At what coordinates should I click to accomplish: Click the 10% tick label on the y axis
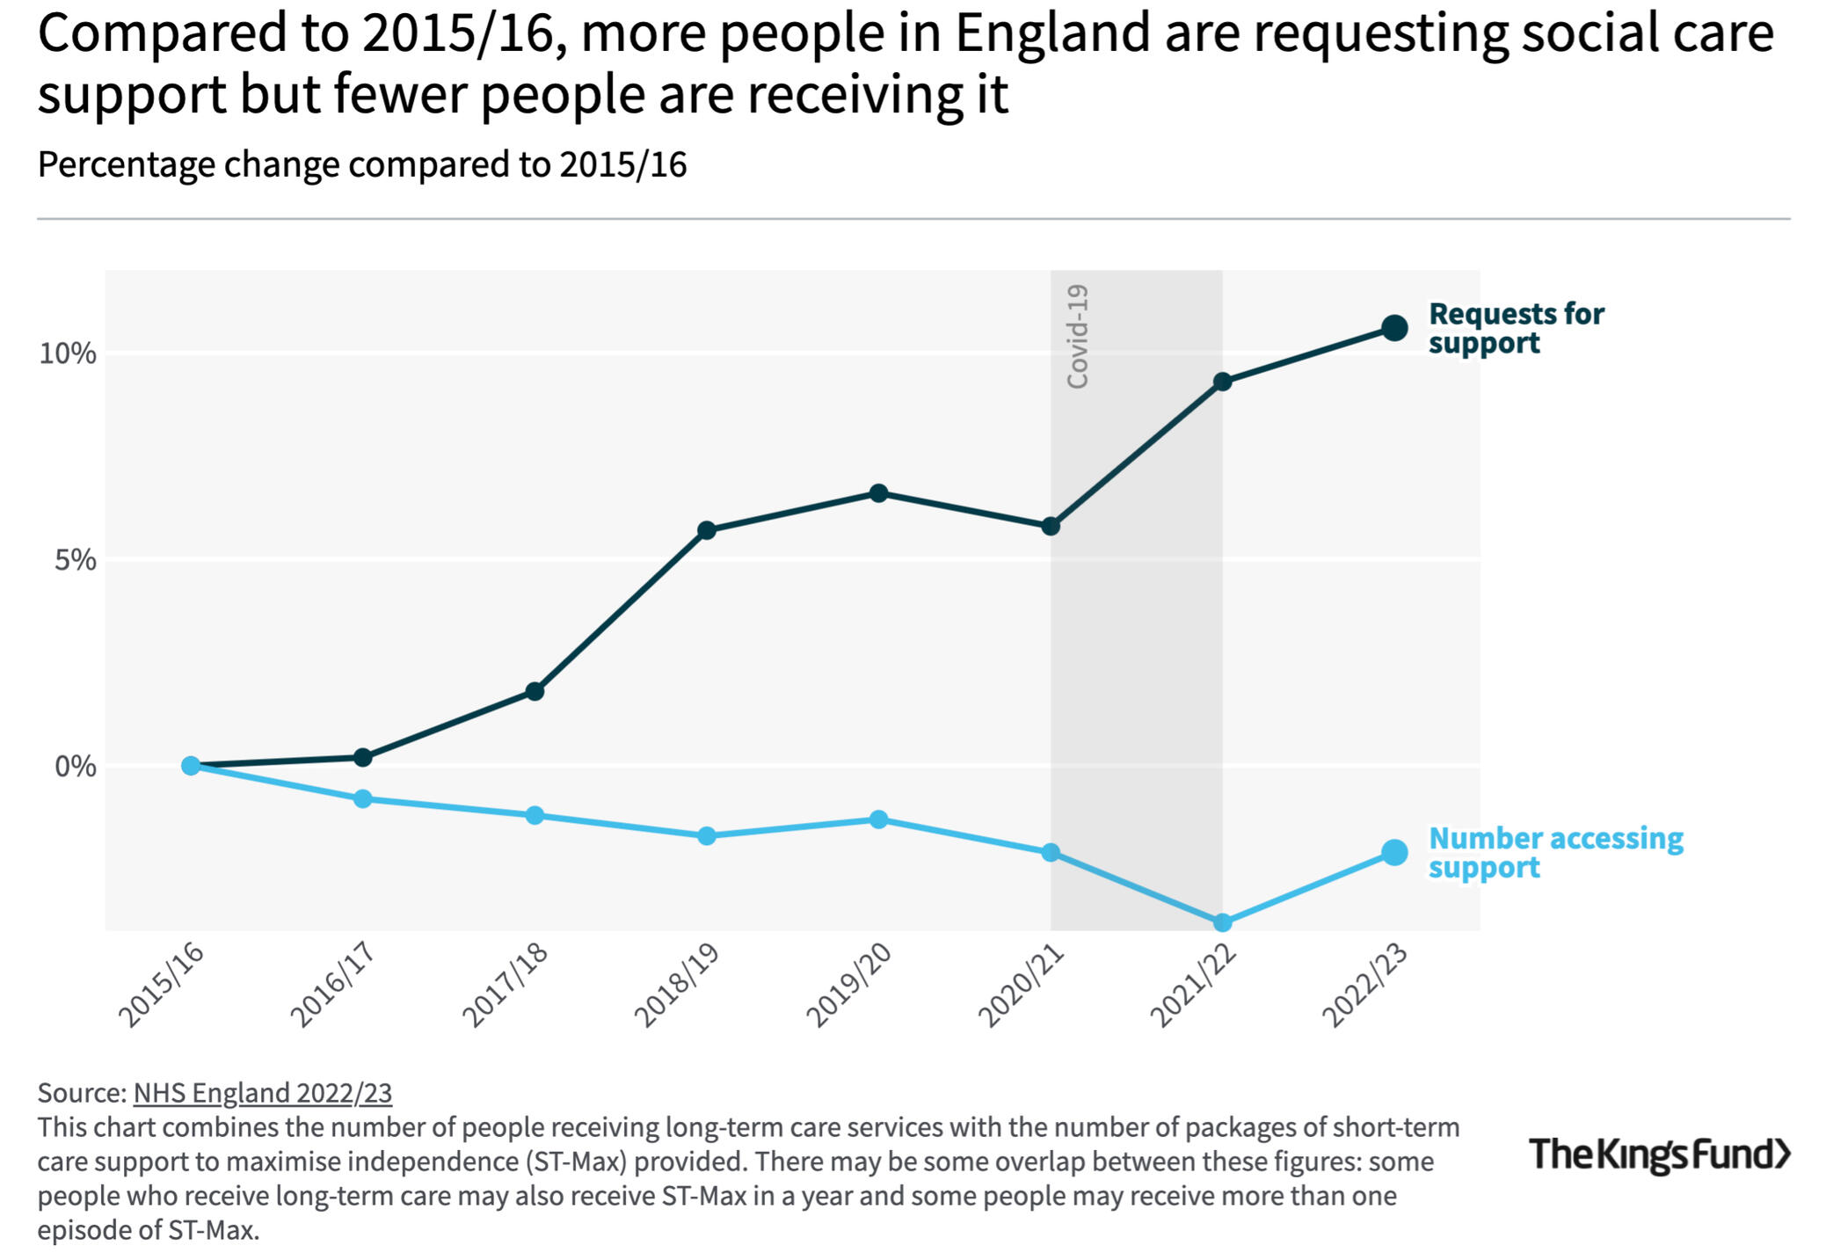coord(68,353)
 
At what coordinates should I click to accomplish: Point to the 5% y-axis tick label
coord(76,560)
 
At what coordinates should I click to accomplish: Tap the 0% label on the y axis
coord(76,767)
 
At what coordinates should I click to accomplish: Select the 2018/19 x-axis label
coord(677,986)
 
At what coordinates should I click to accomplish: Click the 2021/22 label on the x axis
coord(1193,986)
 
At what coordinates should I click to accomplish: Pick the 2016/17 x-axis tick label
coord(333,986)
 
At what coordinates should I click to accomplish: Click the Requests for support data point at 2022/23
coord(1394,328)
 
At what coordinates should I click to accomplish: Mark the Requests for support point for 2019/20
coord(878,493)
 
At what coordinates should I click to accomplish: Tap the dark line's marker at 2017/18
coord(535,691)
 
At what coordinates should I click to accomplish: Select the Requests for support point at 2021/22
coord(1222,382)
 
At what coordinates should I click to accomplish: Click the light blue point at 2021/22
coord(1222,922)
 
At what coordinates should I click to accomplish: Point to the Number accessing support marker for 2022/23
coord(1394,852)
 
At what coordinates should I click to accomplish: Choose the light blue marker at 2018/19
coord(707,835)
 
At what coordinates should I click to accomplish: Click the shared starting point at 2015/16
coord(191,766)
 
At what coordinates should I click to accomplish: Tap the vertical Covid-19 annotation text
coord(1078,336)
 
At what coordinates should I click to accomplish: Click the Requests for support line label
coord(1516,328)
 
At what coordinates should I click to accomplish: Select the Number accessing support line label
coord(1555,853)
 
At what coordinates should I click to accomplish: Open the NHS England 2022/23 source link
coord(262,1093)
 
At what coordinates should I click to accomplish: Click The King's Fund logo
coord(1660,1154)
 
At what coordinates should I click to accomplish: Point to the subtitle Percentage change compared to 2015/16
coord(362,164)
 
